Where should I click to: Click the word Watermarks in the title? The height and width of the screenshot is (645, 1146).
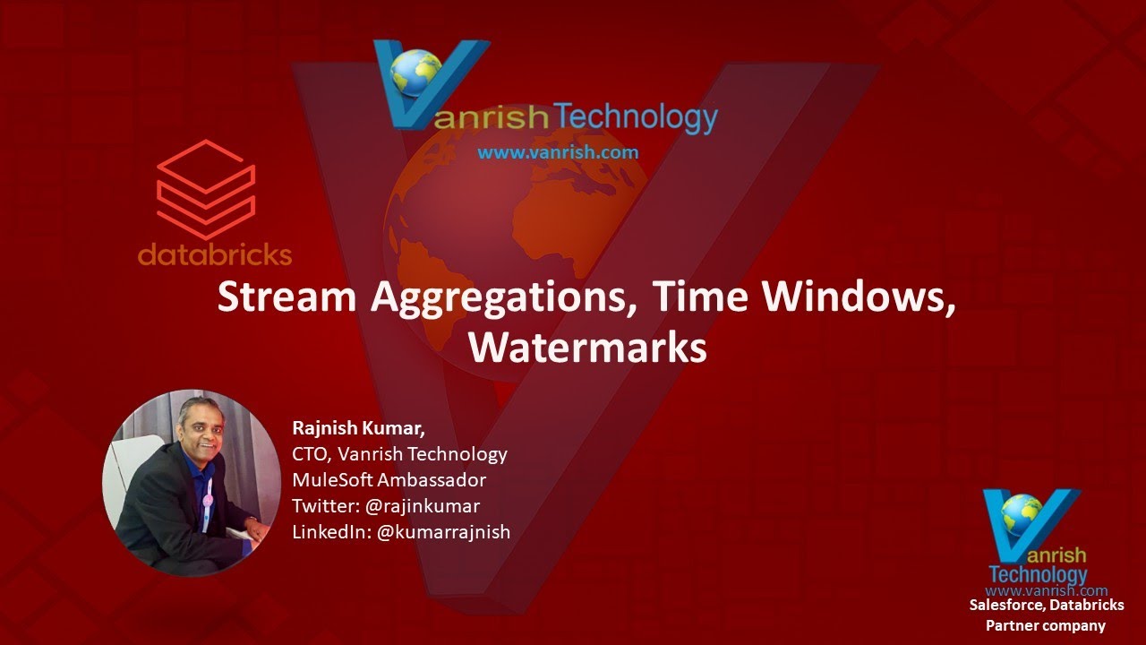[587, 348]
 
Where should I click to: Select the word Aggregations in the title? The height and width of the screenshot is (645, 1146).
[502, 298]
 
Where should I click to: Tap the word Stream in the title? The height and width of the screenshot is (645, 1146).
[286, 298]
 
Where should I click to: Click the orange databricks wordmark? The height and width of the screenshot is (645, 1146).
[215, 254]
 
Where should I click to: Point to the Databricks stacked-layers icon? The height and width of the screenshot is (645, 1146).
[206, 186]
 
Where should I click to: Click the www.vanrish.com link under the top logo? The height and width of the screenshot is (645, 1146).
[558, 152]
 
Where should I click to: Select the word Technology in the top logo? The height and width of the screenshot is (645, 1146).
[636, 116]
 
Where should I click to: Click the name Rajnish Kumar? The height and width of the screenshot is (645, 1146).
[346, 427]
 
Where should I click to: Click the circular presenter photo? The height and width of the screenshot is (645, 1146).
[192, 482]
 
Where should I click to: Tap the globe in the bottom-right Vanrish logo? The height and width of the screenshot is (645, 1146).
[1021, 514]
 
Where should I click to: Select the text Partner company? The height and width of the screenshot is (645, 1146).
[1046, 625]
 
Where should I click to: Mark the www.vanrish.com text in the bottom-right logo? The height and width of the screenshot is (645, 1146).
[1046, 590]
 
